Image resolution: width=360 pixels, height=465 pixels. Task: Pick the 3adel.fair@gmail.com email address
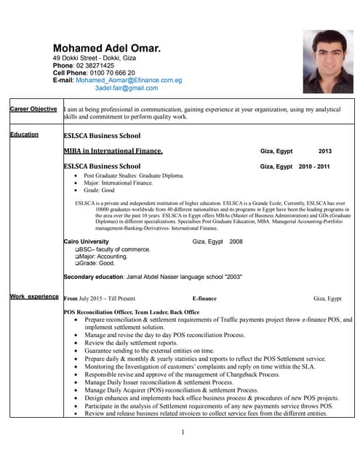[x=127, y=88]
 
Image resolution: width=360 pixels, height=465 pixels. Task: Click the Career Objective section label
[x=33, y=109]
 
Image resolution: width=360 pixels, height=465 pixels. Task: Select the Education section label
[x=25, y=134]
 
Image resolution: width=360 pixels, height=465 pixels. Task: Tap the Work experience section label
[x=34, y=296]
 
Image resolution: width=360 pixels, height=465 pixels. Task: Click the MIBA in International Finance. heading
[x=113, y=151]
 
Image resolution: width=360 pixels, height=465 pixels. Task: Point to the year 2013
[x=325, y=151]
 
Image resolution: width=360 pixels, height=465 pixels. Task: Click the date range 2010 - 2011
[x=314, y=166]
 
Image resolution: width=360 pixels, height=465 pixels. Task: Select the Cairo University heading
[x=87, y=241]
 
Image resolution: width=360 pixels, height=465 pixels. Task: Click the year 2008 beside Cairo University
[x=236, y=241]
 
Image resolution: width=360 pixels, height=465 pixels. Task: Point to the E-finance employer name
[x=204, y=299]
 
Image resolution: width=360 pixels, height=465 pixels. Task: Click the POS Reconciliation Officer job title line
[x=132, y=312]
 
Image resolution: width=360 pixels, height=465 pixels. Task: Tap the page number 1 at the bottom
[x=183, y=433]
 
